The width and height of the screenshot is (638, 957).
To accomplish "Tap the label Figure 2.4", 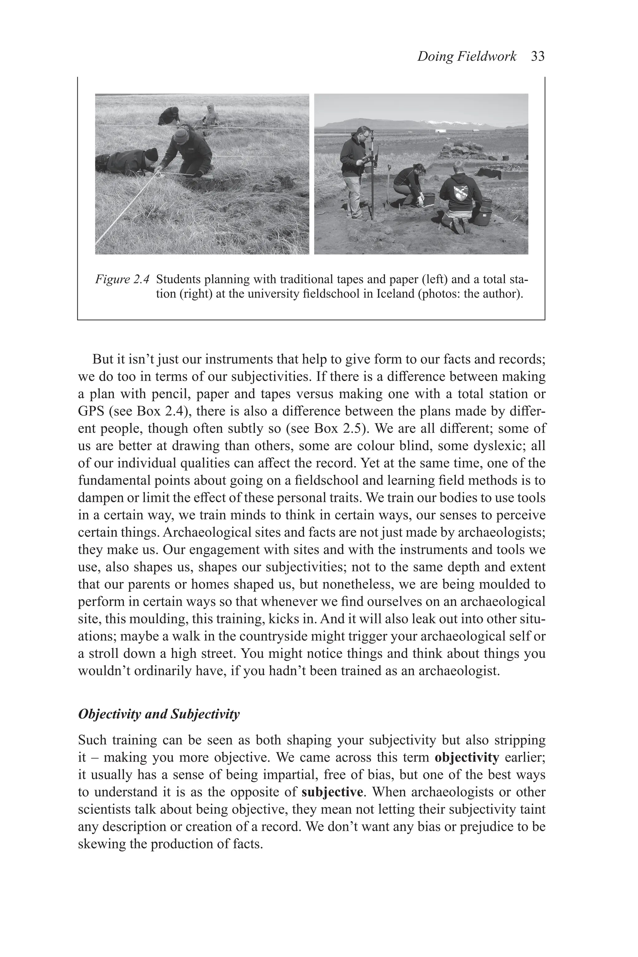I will tap(122, 279).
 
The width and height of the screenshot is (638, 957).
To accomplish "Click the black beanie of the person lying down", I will tap(151, 154).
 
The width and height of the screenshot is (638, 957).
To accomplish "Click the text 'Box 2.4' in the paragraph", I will tap(159, 411).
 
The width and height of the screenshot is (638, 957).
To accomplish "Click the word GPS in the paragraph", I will tap(90, 411).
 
